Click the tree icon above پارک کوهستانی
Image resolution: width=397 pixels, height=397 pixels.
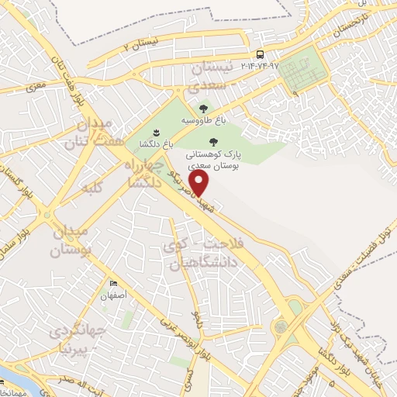point(214,141)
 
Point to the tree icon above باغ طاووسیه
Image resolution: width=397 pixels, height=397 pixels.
point(203,109)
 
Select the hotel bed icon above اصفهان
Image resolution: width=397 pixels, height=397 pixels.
point(114,284)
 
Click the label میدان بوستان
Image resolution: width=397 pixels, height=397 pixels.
point(71,241)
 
